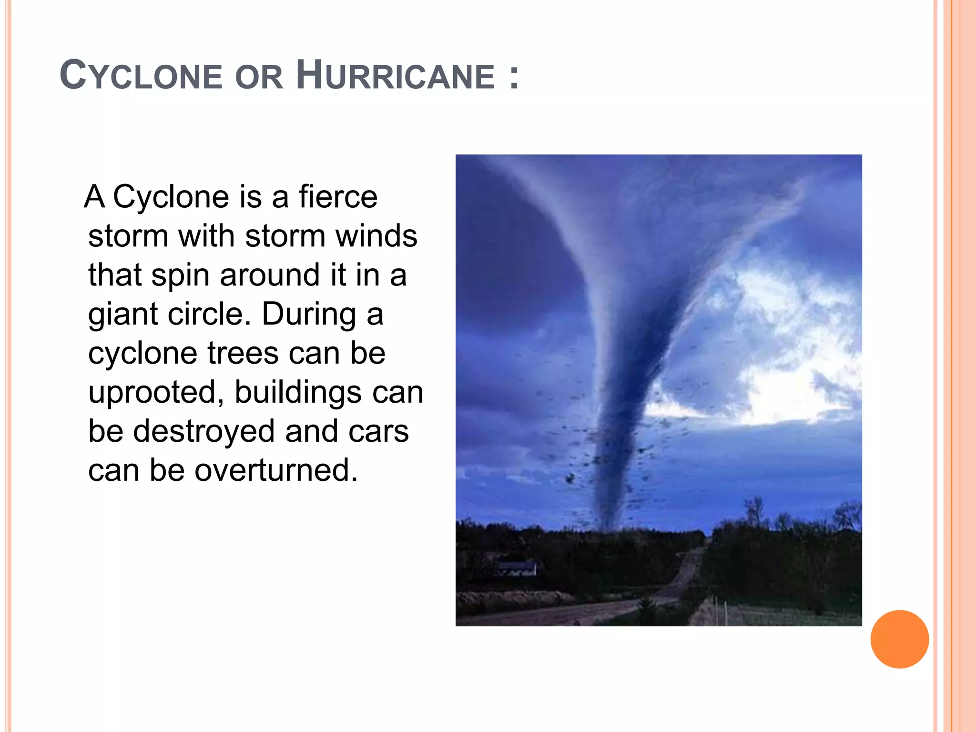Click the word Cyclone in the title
[x=141, y=76]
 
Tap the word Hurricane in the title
[x=395, y=76]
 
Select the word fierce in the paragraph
[x=338, y=197]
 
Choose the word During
[x=308, y=314]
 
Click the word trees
[x=243, y=353]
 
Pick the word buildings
[x=298, y=392]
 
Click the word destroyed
[x=203, y=431]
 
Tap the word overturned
[x=276, y=470]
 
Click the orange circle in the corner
[x=899, y=639]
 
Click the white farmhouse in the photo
[x=517, y=568]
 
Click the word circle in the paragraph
[x=209, y=314]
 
